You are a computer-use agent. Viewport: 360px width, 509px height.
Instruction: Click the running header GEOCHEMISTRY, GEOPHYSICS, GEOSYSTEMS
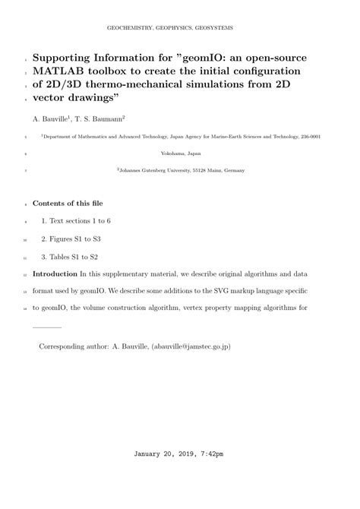(180, 27)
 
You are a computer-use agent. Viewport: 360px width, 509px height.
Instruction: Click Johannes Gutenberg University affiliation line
(180, 170)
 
